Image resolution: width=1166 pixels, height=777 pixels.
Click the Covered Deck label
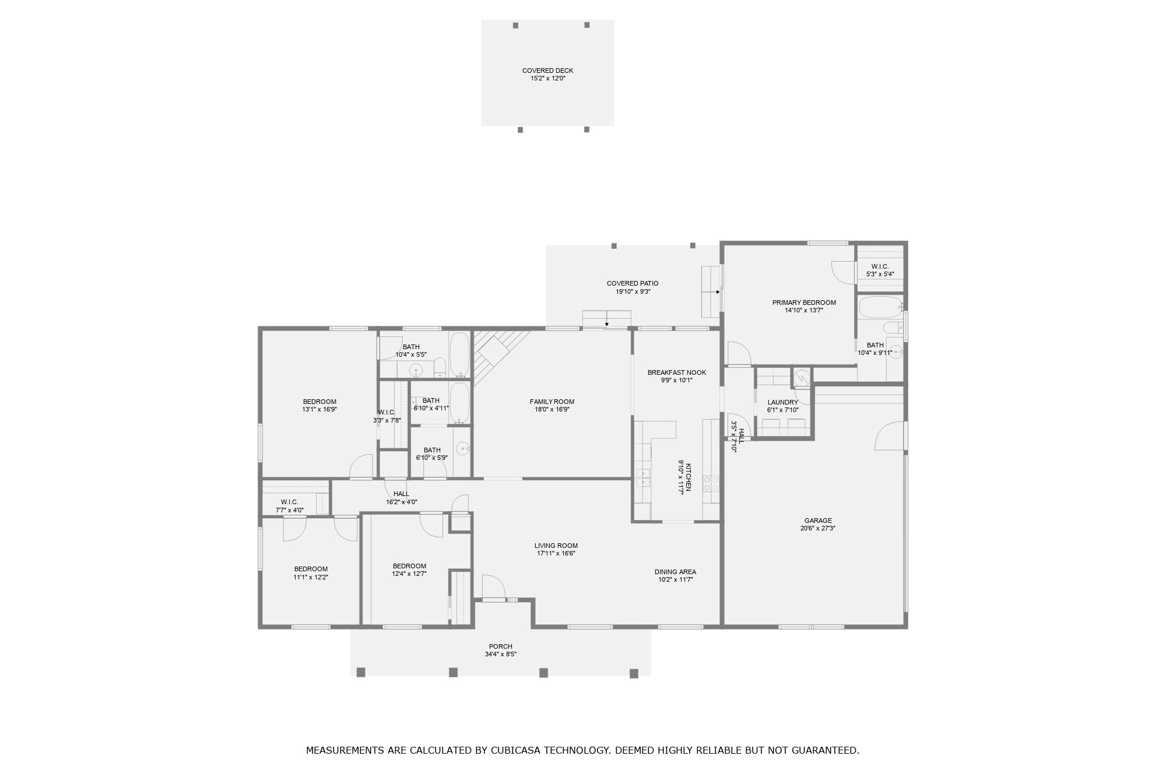(547, 71)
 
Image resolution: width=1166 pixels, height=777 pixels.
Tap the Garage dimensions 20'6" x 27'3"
(818, 529)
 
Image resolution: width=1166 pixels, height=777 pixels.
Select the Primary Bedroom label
(804, 303)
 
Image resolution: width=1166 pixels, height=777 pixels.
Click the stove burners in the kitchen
(711, 483)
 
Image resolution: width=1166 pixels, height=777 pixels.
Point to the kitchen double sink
(643, 477)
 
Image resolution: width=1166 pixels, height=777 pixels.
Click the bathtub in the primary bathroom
(880, 307)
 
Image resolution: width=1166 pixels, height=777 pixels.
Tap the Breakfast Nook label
(676, 372)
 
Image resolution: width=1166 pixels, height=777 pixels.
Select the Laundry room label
(782, 402)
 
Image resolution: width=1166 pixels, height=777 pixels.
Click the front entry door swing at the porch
(493, 586)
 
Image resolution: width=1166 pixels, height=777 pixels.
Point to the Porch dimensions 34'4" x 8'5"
(500, 655)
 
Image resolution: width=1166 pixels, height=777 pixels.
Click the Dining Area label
(675, 572)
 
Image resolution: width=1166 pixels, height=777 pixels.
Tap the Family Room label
(552, 402)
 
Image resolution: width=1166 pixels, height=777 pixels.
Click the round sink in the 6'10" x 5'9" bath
(462, 448)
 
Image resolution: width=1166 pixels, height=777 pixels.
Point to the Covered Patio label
(633, 283)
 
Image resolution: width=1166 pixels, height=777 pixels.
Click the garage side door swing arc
(889, 436)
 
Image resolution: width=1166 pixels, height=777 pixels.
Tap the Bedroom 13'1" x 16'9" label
(319, 402)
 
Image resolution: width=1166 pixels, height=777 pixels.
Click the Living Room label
(556, 546)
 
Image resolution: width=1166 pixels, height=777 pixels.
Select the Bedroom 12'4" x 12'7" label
(409, 566)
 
